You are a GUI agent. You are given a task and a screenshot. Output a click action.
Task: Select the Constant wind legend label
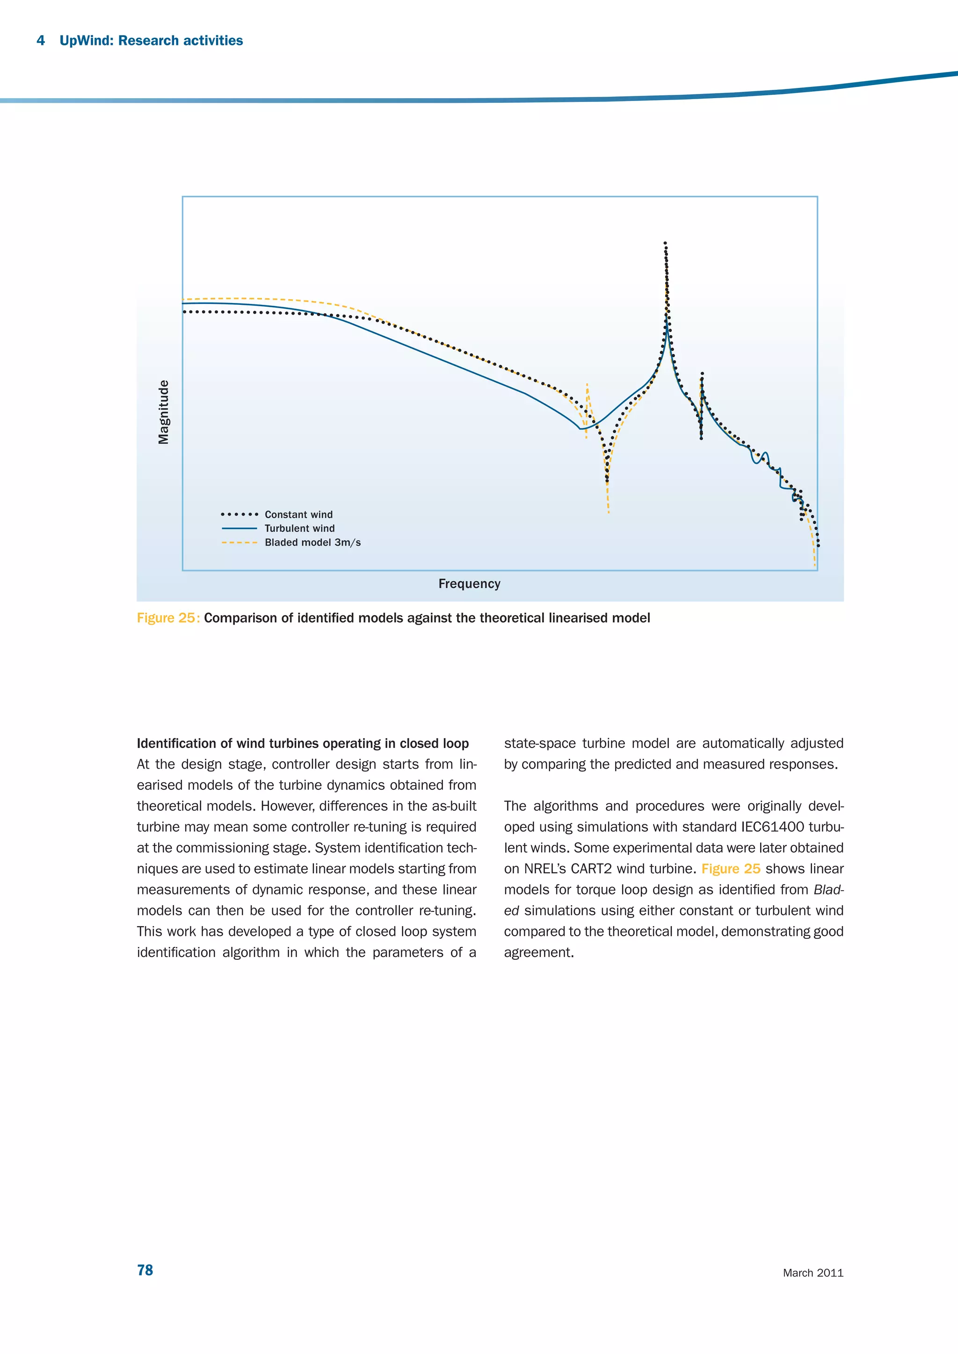pyautogui.click(x=298, y=514)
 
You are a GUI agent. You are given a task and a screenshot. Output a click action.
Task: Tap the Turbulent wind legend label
pyautogui.click(x=299, y=528)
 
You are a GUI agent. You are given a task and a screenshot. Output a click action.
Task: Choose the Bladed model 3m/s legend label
pyautogui.click(x=312, y=542)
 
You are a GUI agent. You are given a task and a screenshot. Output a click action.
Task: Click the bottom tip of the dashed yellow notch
pyautogui.click(x=608, y=512)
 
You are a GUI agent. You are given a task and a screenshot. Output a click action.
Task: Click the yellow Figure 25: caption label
pyautogui.click(x=168, y=618)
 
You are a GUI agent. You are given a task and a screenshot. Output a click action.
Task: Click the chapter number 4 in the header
pyautogui.click(x=41, y=40)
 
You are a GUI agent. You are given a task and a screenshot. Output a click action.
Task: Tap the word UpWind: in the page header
pyautogui.click(x=87, y=40)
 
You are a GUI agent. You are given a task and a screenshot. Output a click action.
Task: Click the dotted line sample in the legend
pyautogui.click(x=239, y=514)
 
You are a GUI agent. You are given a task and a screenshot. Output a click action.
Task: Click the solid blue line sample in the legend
pyautogui.click(x=239, y=528)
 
